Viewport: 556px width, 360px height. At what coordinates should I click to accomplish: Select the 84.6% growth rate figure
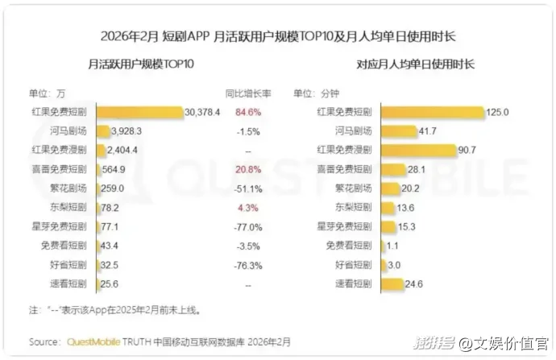click(249, 113)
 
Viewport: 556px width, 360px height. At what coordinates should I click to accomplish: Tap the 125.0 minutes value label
click(498, 113)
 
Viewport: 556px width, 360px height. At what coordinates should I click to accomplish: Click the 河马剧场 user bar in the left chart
click(103, 131)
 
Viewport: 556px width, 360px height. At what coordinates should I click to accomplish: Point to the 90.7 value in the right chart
click(466, 150)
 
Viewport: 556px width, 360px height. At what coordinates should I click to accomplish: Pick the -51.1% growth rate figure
click(249, 188)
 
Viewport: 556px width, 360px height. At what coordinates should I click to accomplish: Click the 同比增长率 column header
click(248, 92)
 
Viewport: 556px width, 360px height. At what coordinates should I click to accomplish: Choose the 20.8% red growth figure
click(249, 169)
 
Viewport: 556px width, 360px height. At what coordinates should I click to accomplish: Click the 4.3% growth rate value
click(249, 207)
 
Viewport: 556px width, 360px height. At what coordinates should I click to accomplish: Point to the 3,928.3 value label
click(127, 131)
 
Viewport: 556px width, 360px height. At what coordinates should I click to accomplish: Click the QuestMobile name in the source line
click(93, 342)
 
